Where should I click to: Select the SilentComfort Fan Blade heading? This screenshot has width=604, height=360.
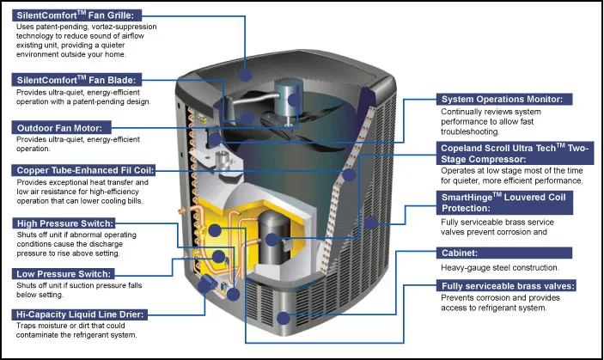pos(76,79)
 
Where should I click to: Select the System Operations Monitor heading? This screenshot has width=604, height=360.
pos(502,99)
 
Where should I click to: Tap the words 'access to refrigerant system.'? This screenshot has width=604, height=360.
pos(494,308)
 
